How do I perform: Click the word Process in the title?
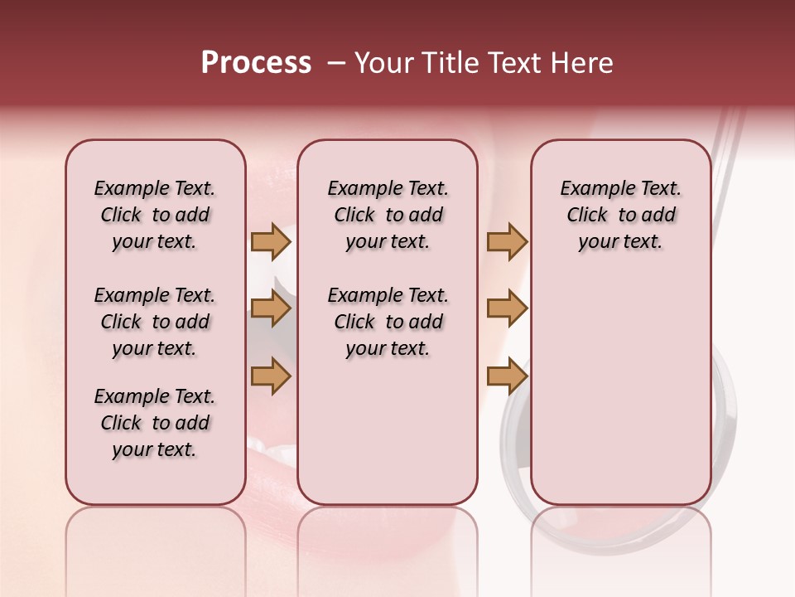point(256,63)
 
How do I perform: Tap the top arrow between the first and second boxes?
point(271,242)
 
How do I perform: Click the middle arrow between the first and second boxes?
point(271,309)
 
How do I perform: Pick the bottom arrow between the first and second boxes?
point(271,376)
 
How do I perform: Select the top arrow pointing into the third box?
point(507,242)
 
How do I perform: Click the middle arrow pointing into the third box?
point(507,309)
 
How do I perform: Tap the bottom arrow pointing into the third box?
point(507,376)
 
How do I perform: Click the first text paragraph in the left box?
point(155,215)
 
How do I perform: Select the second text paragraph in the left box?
point(155,322)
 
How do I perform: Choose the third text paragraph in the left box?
point(155,423)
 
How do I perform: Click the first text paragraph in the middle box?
point(388,215)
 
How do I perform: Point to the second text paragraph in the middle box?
point(388,322)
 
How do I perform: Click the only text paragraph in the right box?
point(620,215)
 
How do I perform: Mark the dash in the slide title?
point(336,63)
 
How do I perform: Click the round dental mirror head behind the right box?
point(724,431)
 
